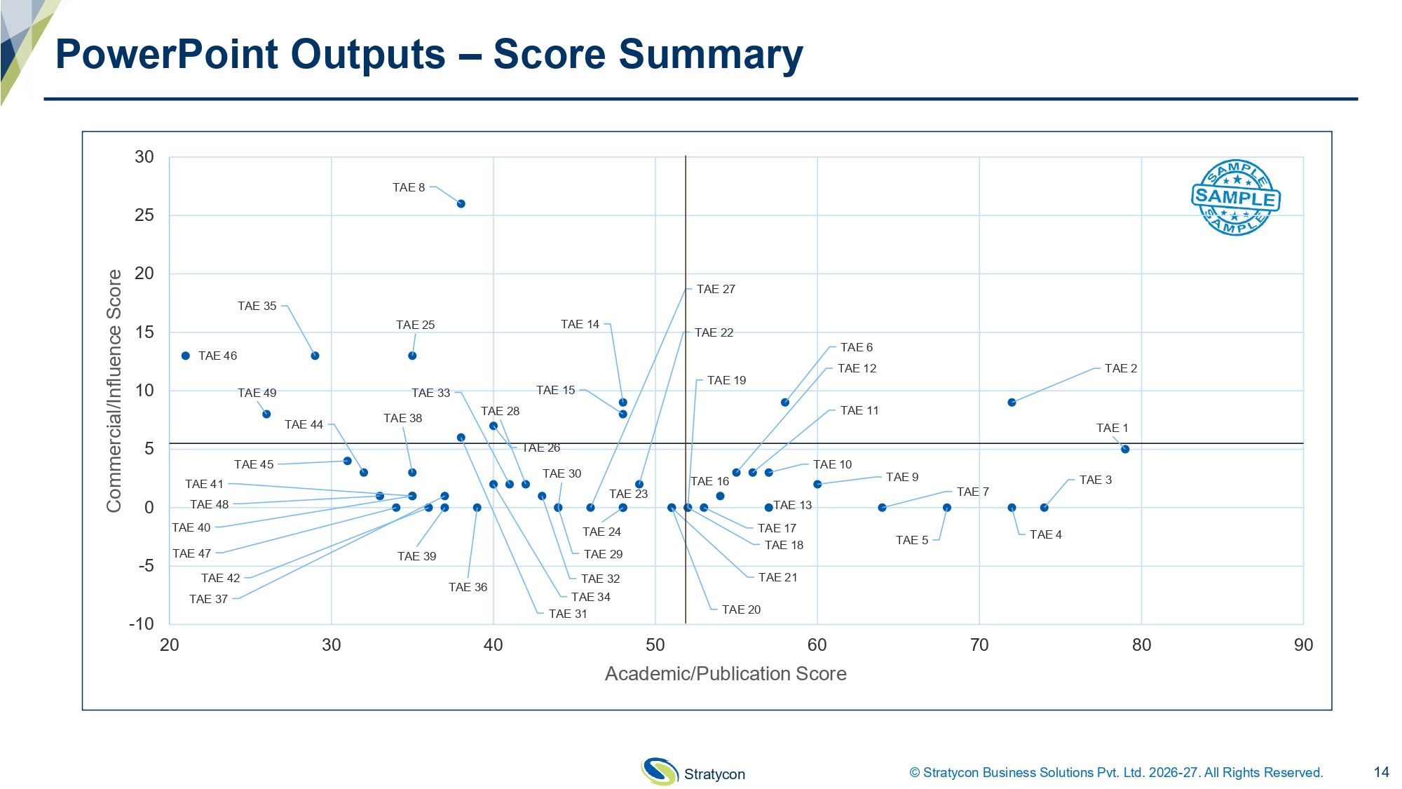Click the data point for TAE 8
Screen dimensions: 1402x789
(461, 204)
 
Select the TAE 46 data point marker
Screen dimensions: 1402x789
(186, 356)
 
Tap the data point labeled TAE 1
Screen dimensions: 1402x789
(1125, 450)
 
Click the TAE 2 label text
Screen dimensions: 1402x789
(1121, 368)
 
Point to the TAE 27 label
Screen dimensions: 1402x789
(716, 289)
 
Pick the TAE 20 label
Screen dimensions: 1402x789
(741, 609)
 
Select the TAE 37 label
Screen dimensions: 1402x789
(208, 599)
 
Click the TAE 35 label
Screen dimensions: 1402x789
(257, 306)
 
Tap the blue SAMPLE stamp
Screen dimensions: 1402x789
(1236, 198)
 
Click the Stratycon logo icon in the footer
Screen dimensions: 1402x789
(659, 771)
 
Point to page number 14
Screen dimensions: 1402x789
(1381, 772)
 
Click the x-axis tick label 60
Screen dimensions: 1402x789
(817, 645)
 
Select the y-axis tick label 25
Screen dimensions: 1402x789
(144, 215)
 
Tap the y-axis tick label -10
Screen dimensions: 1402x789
(142, 624)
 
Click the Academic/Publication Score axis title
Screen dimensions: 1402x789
(726, 674)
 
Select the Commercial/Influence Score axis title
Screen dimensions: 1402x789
(114, 391)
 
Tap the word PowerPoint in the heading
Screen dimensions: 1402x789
(250, 55)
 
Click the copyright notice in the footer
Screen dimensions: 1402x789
(1116, 772)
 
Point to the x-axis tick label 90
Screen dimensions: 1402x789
(1303, 645)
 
